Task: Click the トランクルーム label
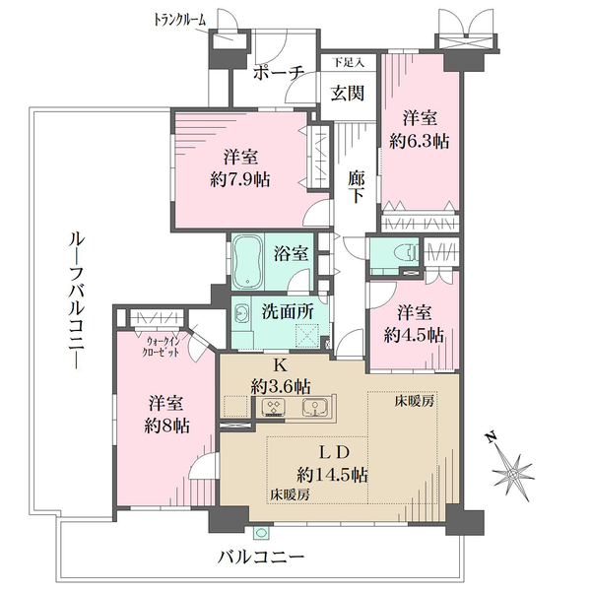pyautogui.click(x=180, y=20)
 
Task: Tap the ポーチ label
pyautogui.click(x=279, y=73)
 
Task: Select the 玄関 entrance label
pyautogui.click(x=348, y=94)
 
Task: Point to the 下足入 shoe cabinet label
pyautogui.click(x=349, y=62)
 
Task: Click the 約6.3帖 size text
pyautogui.click(x=420, y=141)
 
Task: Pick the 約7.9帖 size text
pyautogui.click(x=240, y=179)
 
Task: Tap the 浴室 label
pyautogui.click(x=291, y=254)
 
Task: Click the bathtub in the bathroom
pyautogui.click(x=247, y=262)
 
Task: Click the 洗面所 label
pyautogui.click(x=288, y=311)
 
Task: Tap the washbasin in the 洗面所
pyautogui.click(x=241, y=313)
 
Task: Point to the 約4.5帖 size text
pyautogui.click(x=414, y=335)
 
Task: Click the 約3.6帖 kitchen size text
pyautogui.click(x=281, y=386)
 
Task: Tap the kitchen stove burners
pyautogui.click(x=273, y=408)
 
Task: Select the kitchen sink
pyautogui.click(x=315, y=408)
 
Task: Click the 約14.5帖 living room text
pyautogui.click(x=332, y=475)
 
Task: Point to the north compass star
pyautogui.click(x=513, y=473)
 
